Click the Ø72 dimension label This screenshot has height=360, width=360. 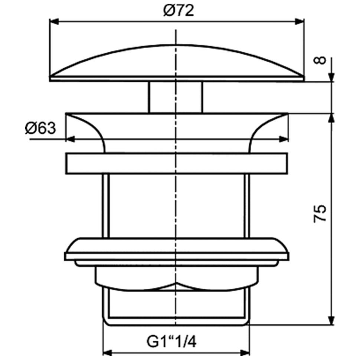click(x=179, y=11)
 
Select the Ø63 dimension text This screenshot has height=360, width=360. click(x=40, y=129)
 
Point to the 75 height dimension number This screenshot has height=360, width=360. click(x=320, y=213)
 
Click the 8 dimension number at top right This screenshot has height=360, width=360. click(x=321, y=59)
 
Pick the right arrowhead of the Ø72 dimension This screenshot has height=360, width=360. click(x=300, y=22)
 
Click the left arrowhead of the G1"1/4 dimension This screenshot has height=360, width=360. click(x=107, y=351)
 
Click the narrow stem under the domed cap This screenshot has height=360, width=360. click(x=176, y=97)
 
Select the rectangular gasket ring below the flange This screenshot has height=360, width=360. click(x=177, y=163)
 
